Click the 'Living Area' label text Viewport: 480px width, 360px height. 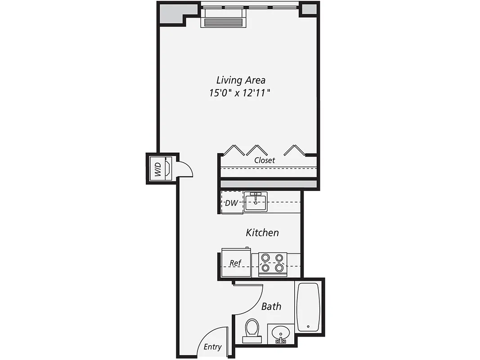pos(241,80)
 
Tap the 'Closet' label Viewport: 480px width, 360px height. pos(264,160)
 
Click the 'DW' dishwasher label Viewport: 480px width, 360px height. pos(231,203)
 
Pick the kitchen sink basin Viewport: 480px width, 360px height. pos(256,201)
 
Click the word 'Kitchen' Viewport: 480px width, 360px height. pos(262,233)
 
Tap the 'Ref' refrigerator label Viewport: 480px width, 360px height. pos(235,263)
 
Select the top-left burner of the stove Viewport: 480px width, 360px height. pos(265,258)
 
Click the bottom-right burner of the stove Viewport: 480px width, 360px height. pos(279,268)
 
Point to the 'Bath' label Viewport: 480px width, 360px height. pos(271,306)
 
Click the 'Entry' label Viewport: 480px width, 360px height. pos(212,347)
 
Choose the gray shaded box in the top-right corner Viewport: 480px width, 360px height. pos(309,9)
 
